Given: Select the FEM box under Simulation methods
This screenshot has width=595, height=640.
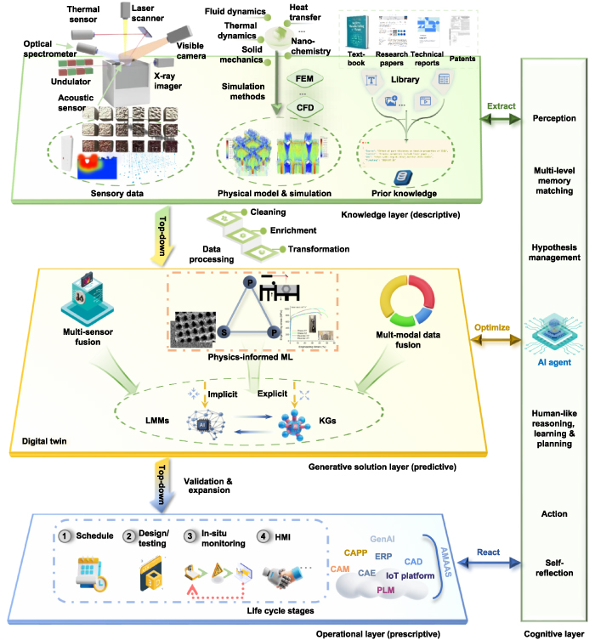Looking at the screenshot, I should pyautogui.click(x=303, y=79).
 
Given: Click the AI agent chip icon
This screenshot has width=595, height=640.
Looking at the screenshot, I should pyautogui.click(x=553, y=331).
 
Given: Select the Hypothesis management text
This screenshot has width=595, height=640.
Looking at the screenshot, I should pyautogui.click(x=554, y=252).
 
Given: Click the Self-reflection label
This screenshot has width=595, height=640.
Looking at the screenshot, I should pyautogui.click(x=554, y=567).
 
